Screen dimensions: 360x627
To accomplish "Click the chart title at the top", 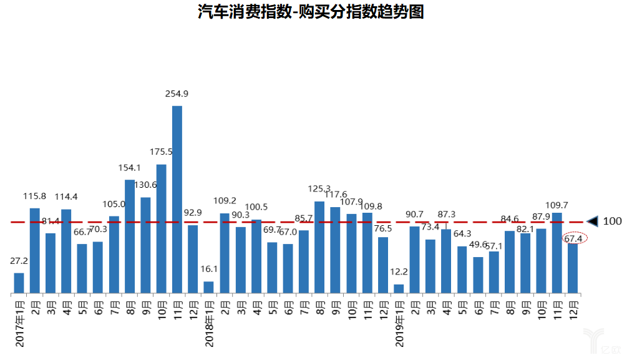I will [311, 12].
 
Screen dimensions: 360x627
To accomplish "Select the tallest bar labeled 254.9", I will [177, 200].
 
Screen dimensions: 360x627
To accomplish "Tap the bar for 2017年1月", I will [19, 283].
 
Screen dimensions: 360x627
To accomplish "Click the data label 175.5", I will [161, 152].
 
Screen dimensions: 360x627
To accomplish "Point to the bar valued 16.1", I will [208, 288].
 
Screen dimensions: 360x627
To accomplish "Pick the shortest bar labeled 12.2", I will [399, 289].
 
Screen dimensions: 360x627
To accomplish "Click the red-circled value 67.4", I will [573, 239].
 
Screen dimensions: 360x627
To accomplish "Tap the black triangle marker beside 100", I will [592, 221].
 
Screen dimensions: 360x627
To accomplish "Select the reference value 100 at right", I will [612, 221].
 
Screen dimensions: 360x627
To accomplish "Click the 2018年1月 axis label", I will [209, 323].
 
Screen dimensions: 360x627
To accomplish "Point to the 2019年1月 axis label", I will [399, 323].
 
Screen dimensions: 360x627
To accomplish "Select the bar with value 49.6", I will [478, 275].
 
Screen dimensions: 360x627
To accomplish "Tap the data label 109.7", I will [557, 205].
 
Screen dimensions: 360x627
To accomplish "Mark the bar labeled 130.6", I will [145, 245].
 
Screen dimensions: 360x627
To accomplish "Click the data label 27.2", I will [19, 261].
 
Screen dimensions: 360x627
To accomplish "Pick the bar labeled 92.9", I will [193, 259].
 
